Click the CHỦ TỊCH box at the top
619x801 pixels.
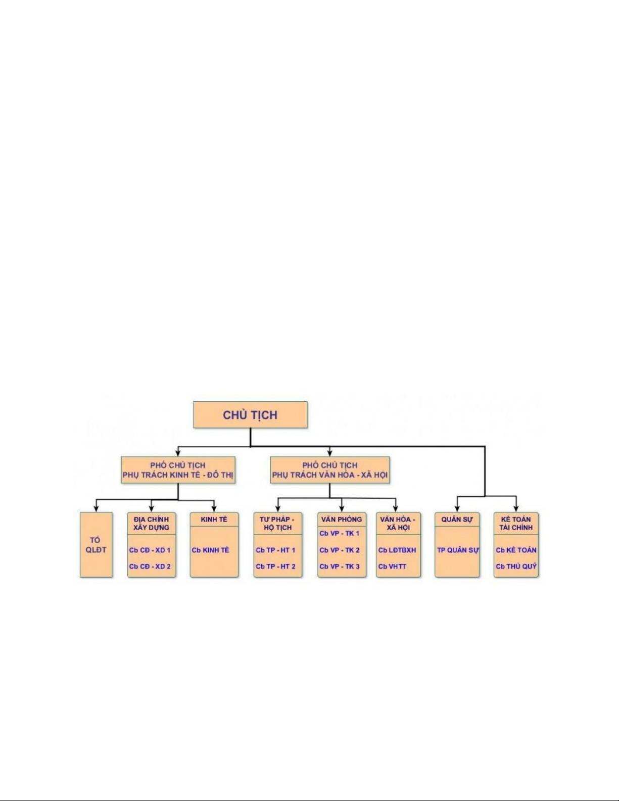(250, 415)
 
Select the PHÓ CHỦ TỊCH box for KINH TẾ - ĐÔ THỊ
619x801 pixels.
(178, 470)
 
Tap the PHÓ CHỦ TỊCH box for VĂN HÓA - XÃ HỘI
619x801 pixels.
(329, 470)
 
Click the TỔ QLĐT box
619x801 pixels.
(96, 545)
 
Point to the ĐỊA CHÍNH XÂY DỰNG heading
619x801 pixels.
(151, 523)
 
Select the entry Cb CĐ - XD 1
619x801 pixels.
(150, 550)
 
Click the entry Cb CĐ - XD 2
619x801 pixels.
(150, 567)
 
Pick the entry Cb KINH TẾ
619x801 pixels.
(210, 550)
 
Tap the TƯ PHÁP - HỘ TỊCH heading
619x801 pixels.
(277, 523)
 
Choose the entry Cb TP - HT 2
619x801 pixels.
(275, 567)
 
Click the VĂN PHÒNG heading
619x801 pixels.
(342, 519)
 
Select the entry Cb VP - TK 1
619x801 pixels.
(340, 533)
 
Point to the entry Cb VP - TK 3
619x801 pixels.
(340, 567)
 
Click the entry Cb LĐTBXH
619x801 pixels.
(397, 550)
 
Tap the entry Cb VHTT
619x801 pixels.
(392, 567)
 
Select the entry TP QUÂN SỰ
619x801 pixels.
(457, 550)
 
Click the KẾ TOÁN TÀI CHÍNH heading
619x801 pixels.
(515, 523)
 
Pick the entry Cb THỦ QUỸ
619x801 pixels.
(516, 567)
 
